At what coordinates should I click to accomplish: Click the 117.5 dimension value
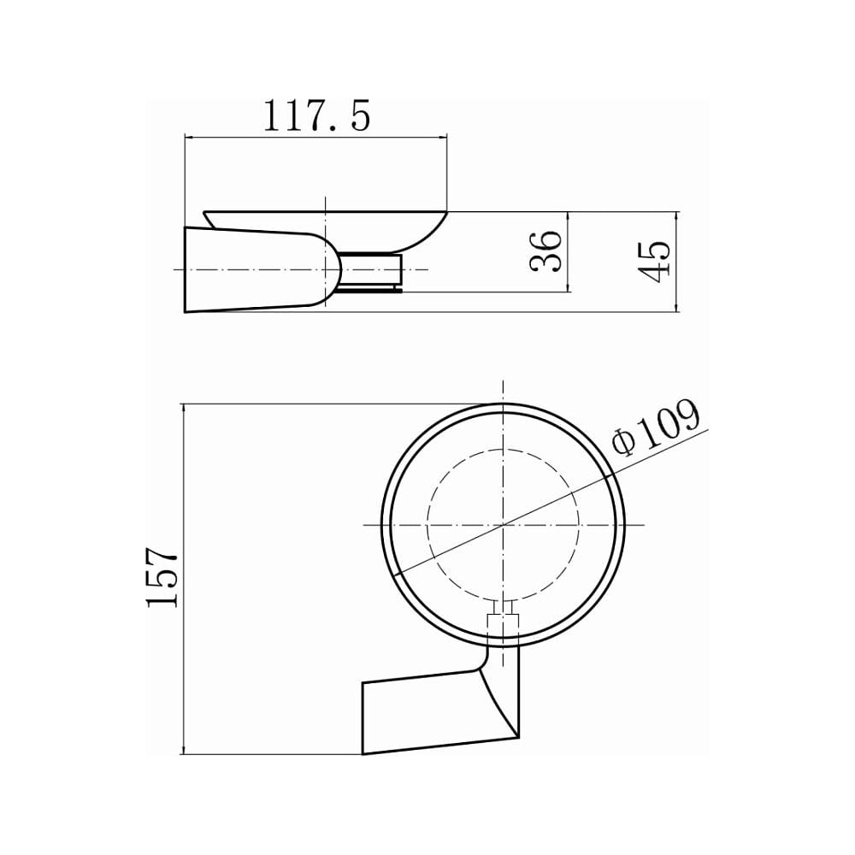pos(317,115)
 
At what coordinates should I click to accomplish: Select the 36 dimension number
pos(545,251)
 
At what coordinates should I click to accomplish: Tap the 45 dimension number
pos(653,262)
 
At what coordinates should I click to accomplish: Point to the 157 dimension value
pos(162,578)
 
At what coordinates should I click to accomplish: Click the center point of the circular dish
pos(503,525)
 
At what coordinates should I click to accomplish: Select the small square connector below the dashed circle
pos(502,622)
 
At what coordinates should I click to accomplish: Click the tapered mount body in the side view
pos(256,270)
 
